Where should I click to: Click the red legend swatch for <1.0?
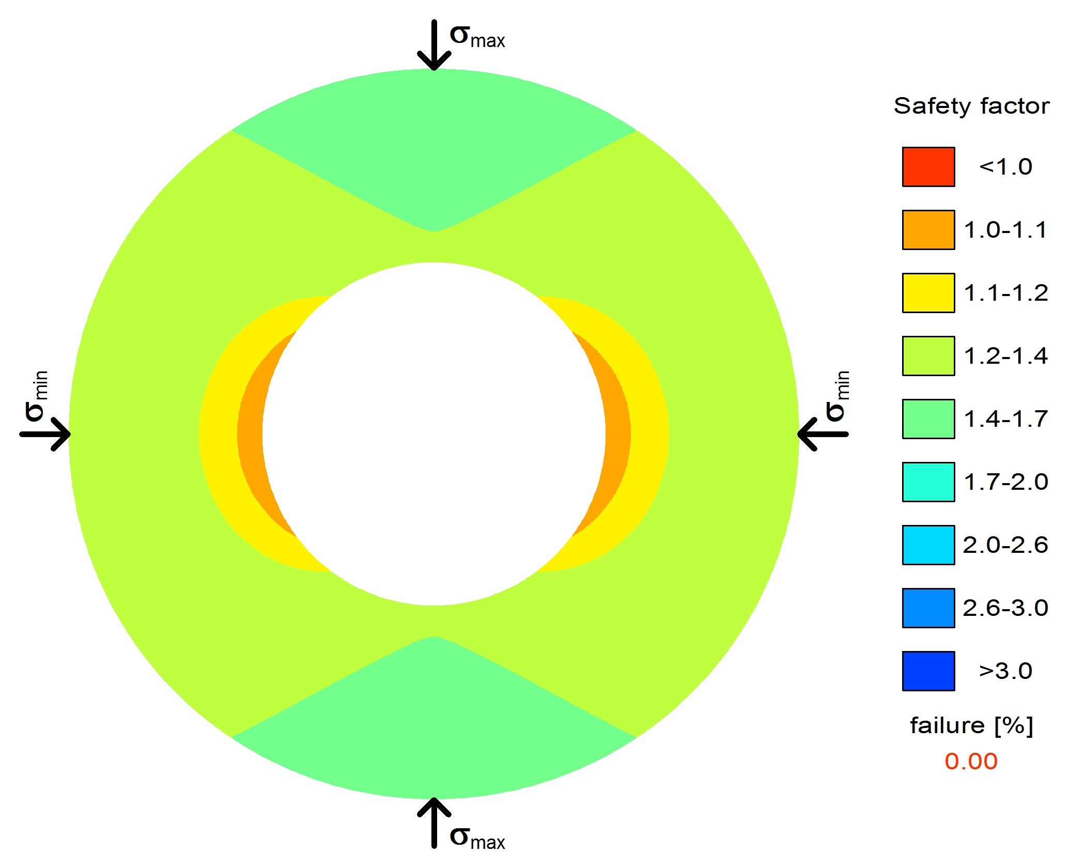click(928, 167)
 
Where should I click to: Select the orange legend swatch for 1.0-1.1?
click(928, 230)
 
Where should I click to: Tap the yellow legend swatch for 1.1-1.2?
click(928, 293)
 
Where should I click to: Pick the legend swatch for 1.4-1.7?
click(928, 419)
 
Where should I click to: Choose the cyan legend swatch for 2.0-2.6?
click(928, 545)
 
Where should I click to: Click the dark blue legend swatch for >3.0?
click(928, 671)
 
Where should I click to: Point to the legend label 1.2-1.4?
click(1006, 356)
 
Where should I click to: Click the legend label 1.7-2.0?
click(1006, 482)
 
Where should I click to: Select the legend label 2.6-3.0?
click(1005, 608)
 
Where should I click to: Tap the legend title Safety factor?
click(971, 106)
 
